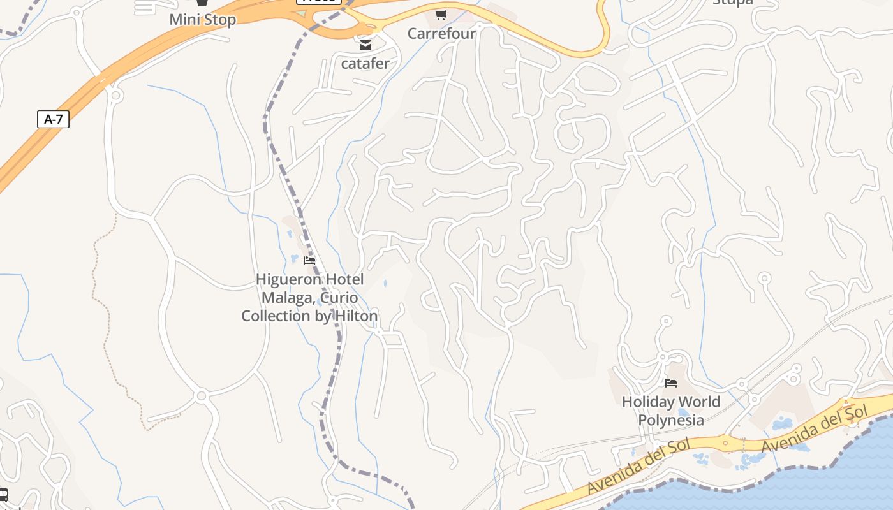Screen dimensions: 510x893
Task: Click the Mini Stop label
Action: [x=202, y=19]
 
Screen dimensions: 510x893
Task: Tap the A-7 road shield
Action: [x=53, y=119]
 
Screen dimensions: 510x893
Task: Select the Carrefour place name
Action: [x=441, y=33]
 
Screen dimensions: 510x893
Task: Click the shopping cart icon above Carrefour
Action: [x=441, y=15]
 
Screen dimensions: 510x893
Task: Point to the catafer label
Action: [x=365, y=63]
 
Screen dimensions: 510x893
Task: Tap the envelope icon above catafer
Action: [x=365, y=45]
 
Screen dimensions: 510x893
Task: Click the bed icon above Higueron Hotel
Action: [x=309, y=261]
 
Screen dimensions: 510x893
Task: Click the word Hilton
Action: [x=353, y=316]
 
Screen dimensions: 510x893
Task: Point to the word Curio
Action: [x=339, y=298]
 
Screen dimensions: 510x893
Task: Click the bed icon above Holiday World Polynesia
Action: [x=670, y=383]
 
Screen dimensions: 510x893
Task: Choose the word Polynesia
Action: [x=671, y=420]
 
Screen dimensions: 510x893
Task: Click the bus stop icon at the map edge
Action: [x=3, y=495]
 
